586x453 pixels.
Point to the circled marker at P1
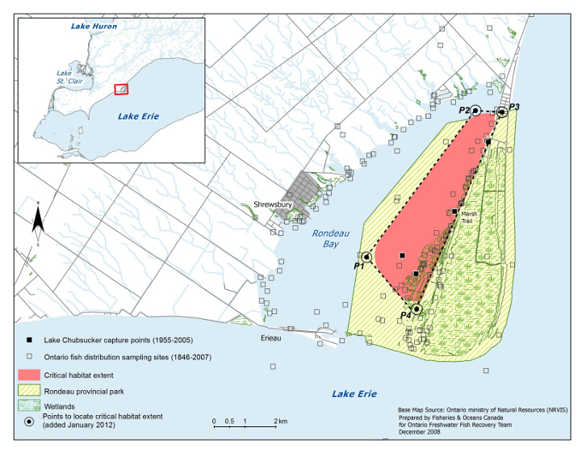point(366,258)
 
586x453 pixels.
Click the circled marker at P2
point(475,111)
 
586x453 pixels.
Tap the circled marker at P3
point(501,112)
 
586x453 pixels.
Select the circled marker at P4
point(416,309)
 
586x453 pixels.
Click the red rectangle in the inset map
point(120,89)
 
